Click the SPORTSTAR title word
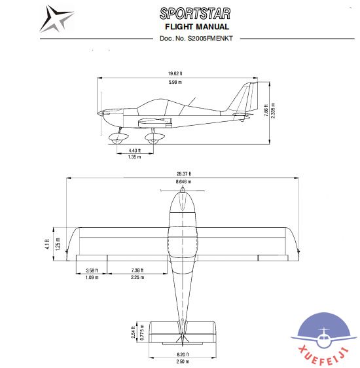click(195, 14)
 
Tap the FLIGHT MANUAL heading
click(197, 27)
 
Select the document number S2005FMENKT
click(210, 38)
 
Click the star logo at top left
click(56, 19)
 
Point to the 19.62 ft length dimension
click(175, 73)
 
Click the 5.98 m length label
click(175, 82)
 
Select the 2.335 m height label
click(273, 111)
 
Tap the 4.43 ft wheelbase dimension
click(135, 151)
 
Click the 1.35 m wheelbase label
click(135, 156)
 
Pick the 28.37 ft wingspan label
click(184, 174)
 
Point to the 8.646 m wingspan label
click(184, 181)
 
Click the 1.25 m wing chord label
click(58, 244)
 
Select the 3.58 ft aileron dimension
click(92, 270)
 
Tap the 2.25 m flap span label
click(137, 277)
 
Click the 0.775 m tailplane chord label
click(142, 333)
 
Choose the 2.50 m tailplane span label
click(183, 361)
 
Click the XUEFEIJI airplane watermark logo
click(324, 338)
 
